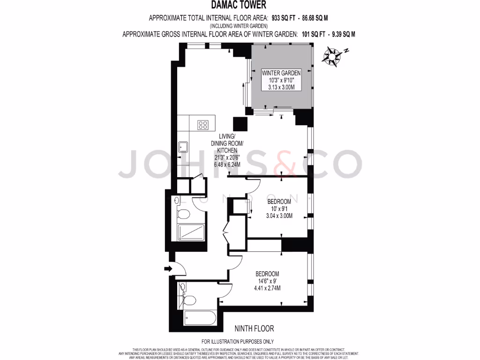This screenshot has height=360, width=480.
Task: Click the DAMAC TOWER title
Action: (x=240, y=6)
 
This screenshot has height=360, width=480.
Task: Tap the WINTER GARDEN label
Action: (x=281, y=73)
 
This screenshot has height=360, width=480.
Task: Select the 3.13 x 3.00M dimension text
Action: (x=281, y=87)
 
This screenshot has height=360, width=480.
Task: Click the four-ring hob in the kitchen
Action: (x=203, y=125)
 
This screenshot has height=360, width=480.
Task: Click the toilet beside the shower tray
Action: (x=184, y=214)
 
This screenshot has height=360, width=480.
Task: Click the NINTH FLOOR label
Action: (x=254, y=329)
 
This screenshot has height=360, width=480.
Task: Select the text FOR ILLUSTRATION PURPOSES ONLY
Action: (x=238, y=342)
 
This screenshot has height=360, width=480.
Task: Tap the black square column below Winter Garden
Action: (x=240, y=124)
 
